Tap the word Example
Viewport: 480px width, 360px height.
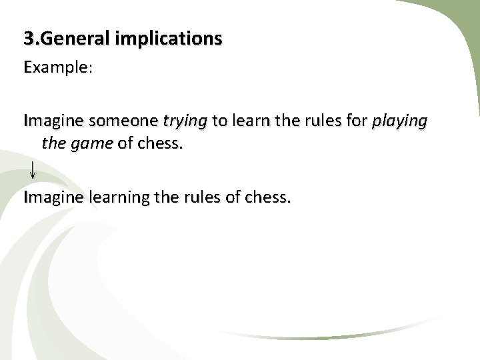[x=54, y=68]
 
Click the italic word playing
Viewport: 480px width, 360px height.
[x=399, y=121]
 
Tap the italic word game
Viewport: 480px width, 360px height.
[x=91, y=143]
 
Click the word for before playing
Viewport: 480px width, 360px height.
[x=357, y=121]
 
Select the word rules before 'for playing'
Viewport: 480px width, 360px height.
[x=321, y=121]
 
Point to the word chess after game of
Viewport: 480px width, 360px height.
[x=158, y=143]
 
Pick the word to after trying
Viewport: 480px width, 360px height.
[x=220, y=121]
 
